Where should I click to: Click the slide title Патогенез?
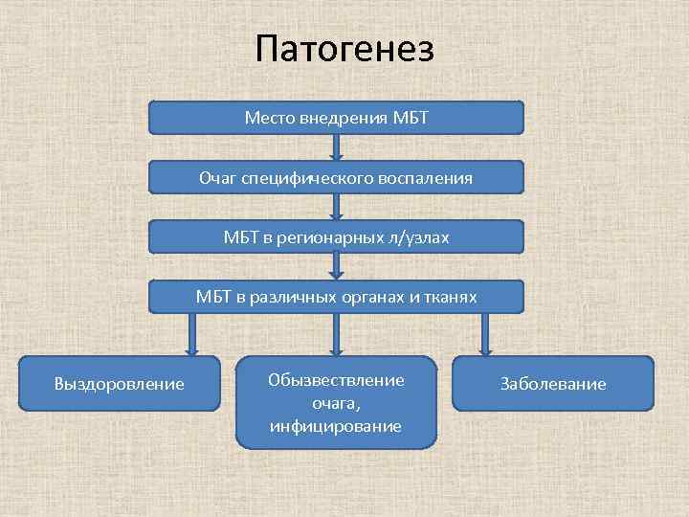[344, 48]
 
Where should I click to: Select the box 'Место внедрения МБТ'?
[337, 118]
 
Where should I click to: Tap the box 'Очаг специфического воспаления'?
[337, 177]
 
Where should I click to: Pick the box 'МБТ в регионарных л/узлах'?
[337, 236]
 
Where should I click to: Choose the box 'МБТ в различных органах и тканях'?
[337, 297]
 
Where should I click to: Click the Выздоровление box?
[120, 384]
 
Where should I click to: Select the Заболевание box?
[553, 384]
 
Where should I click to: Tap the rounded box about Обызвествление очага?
[336, 402]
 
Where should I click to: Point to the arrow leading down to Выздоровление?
[191, 334]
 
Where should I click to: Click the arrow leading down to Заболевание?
[484, 334]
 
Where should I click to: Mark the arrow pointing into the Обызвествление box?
[336, 334]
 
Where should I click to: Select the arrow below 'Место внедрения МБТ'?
[336, 146]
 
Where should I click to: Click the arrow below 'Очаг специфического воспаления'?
[336, 206]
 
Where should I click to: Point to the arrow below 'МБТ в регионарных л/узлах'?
[336, 266]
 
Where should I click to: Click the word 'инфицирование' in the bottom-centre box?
[336, 425]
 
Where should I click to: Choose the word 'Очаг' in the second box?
[217, 177]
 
